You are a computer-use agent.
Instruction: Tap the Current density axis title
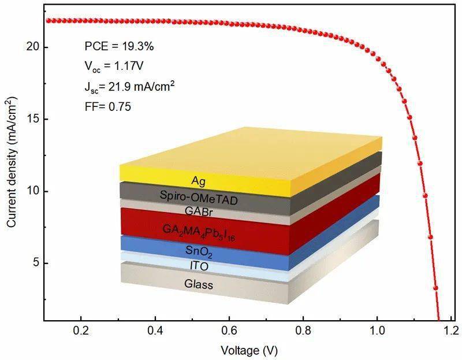point(12,174)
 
